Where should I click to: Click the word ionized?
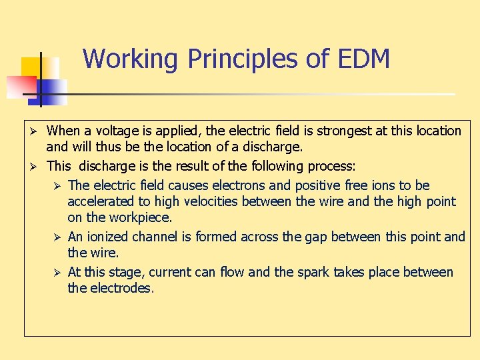(107, 237)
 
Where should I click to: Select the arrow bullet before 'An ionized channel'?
(57, 237)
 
